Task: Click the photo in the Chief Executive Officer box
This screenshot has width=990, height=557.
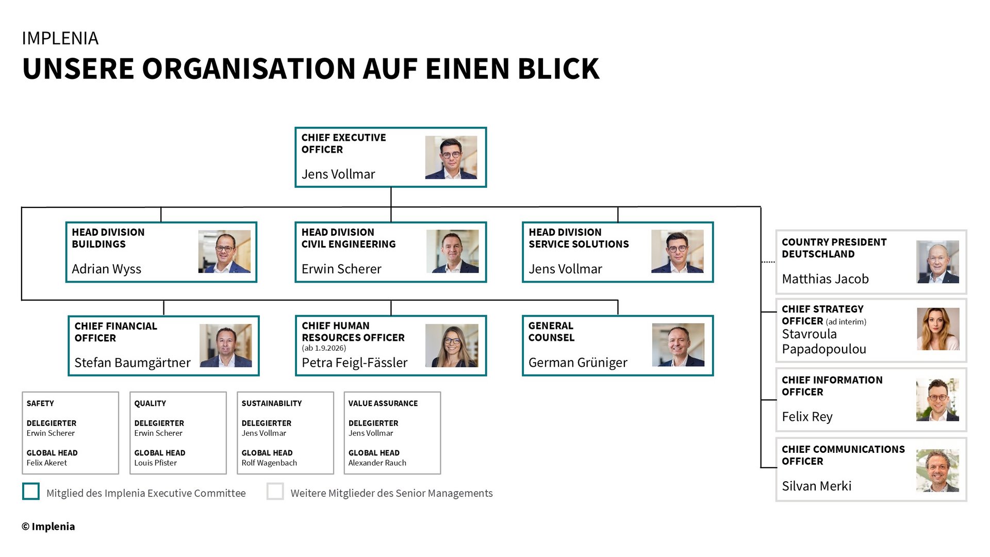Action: click(x=451, y=157)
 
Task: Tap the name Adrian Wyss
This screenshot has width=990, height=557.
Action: click(x=106, y=269)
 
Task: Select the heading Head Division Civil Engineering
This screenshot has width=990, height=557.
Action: click(x=349, y=238)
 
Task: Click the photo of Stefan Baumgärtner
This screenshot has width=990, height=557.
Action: click(x=226, y=346)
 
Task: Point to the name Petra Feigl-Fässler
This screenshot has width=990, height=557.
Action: click(x=354, y=363)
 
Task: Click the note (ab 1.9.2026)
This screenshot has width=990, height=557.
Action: click(x=324, y=348)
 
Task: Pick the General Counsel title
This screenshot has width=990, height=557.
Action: click(x=551, y=332)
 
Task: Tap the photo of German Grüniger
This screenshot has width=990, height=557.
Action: click(x=678, y=345)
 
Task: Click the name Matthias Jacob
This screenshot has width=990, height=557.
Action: click(x=825, y=279)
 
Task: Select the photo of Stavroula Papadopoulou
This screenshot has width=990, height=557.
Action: click(x=938, y=329)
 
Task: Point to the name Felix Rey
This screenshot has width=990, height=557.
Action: click(x=807, y=417)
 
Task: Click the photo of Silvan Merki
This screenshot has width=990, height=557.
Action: click(x=937, y=470)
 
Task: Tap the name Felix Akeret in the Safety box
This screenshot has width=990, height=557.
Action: click(x=47, y=463)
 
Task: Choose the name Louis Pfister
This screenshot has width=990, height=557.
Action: click(x=155, y=463)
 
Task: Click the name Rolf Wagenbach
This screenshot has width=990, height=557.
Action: click(x=269, y=463)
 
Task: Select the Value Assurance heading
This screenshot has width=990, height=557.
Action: click(x=383, y=403)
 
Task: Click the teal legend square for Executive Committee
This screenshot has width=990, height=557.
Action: click(x=31, y=492)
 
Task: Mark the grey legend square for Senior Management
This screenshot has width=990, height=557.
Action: click(x=275, y=492)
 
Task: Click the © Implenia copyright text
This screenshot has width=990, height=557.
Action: click(x=48, y=527)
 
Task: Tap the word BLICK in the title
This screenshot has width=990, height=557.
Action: click(x=558, y=69)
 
